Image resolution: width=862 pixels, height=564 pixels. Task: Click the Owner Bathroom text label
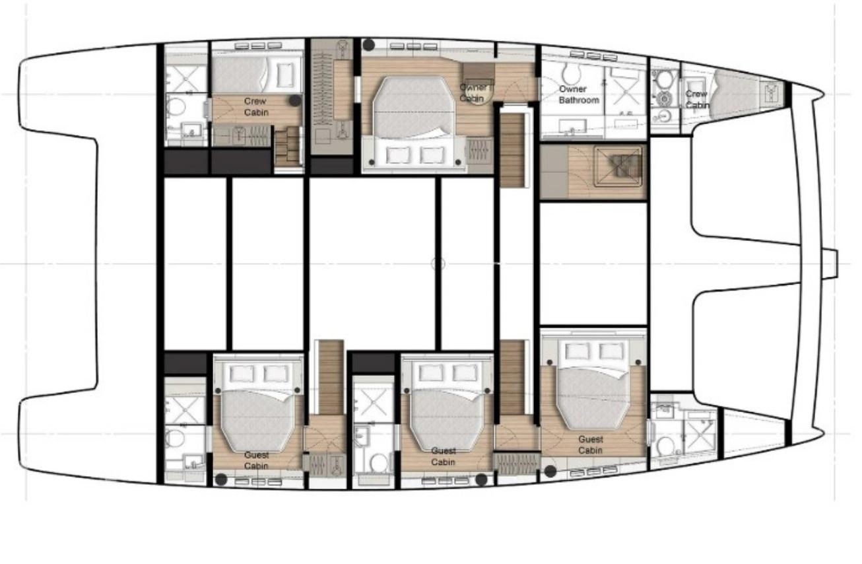click(579, 94)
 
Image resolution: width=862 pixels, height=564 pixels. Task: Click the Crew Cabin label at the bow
click(696, 99)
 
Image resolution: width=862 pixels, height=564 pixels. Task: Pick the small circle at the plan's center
click(438, 264)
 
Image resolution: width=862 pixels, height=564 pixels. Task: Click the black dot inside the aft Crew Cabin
click(295, 100)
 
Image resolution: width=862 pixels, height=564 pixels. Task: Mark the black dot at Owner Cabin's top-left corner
click(369, 44)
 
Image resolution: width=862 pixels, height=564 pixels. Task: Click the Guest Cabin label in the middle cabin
click(443, 456)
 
